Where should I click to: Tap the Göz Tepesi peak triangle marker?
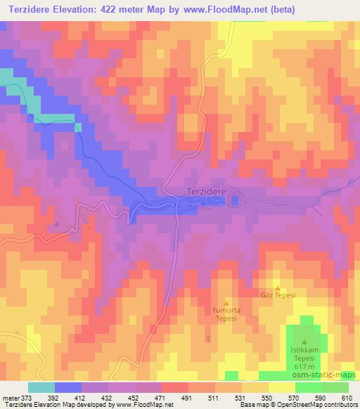277,288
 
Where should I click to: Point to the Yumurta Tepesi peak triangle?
226,302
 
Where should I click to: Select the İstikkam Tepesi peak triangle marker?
305,342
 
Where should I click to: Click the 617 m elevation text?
305,366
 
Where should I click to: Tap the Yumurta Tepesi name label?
226,313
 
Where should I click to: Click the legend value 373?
32,397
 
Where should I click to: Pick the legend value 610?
345,397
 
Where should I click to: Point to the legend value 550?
266,397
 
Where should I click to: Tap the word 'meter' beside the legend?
12,397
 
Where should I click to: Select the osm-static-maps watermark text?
327,376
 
